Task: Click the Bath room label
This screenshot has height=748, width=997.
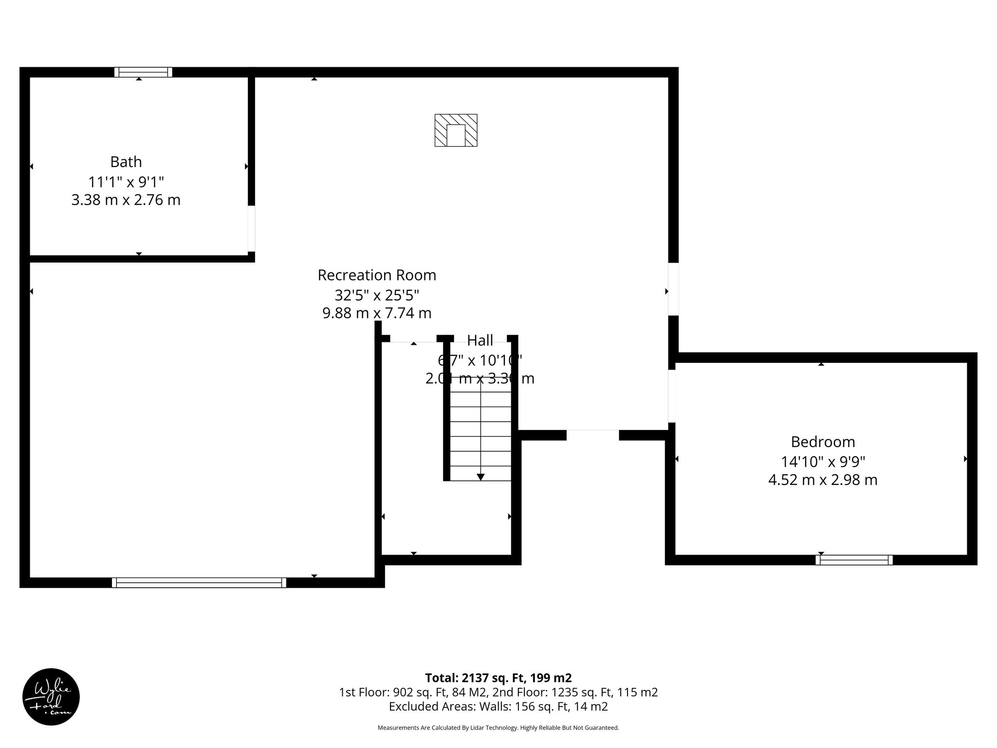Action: [126, 162]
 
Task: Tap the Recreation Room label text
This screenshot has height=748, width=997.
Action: [377, 275]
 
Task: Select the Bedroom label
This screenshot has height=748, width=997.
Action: [823, 442]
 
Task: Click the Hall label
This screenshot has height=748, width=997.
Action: [480, 340]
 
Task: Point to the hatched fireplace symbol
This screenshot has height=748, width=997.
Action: [456, 130]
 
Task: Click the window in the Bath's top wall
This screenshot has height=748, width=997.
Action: [143, 72]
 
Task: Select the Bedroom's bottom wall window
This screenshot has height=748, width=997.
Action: [854, 560]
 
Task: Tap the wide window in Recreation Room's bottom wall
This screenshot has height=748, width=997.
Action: [199, 582]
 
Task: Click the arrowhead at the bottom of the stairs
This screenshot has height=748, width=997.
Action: [480, 477]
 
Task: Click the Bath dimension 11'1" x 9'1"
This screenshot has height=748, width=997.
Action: [126, 182]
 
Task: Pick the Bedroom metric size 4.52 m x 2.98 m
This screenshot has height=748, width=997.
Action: [823, 480]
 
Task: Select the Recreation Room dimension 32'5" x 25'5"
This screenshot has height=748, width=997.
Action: [377, 295]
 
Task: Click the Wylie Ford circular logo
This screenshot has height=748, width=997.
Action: [51, 697]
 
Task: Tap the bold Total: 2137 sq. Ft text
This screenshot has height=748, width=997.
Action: [498, 678]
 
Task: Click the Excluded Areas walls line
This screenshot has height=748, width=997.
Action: [498, 706]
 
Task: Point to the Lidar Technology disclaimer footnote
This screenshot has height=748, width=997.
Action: [498, 728]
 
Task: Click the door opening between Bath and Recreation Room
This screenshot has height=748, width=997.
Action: [251, 228]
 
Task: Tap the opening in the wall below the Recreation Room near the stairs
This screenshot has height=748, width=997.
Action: [592, 435]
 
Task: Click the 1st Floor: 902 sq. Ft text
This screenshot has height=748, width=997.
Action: [414, 692]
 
